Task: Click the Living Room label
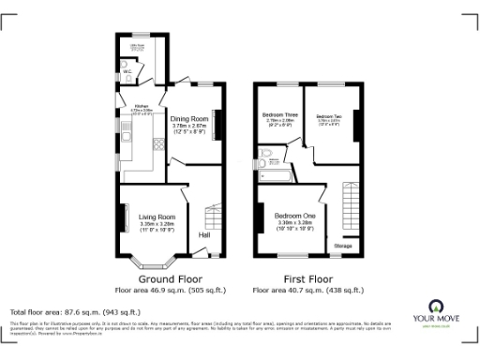157,217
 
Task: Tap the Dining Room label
189,120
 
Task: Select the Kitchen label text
142,106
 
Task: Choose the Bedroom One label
295,216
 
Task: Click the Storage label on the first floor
343,246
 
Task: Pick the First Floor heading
308,278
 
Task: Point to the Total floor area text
75,311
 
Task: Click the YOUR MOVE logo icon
436,307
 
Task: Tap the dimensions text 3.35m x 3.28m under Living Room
157,225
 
